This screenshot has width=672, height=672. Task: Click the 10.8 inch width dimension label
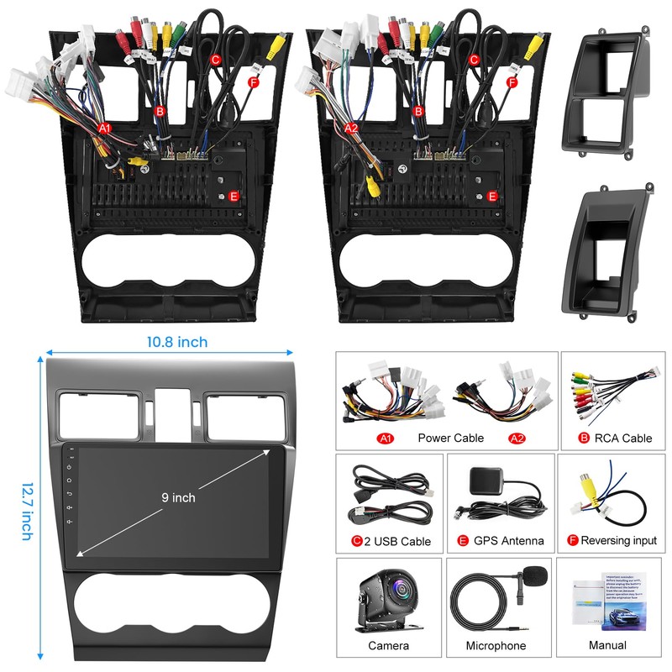point(176,342)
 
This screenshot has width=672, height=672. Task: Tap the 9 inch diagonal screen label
point(178,497)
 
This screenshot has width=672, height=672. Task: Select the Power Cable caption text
point(451,438)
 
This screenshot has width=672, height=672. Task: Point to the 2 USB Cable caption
point(397,541)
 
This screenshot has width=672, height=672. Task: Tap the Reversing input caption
point(618,541)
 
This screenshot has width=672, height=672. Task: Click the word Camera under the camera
point(388,645)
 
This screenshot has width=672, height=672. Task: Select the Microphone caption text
point(496,645)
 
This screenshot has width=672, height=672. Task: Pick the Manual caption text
point(607,645)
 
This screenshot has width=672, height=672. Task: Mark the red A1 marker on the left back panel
point(105,128)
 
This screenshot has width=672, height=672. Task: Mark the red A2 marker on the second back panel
point(352,128)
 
